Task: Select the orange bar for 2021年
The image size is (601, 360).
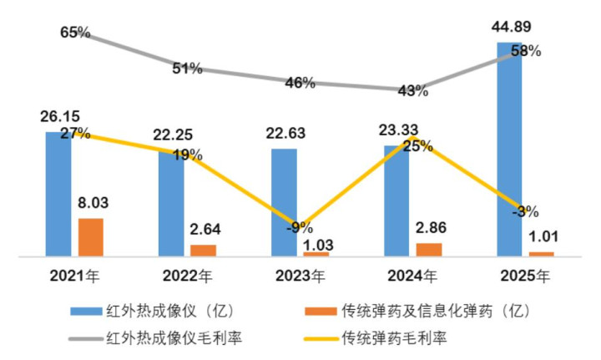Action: pos(90,236)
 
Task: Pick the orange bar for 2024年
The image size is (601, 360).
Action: pos(429,249)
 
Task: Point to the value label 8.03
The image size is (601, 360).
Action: pos(93,202)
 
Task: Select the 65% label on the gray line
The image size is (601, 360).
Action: pos(75,33)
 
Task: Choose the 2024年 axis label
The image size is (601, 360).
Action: pos(413,275)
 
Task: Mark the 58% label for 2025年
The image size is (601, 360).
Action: pos(527,51)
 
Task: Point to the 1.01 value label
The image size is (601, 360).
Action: pos(543,236)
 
